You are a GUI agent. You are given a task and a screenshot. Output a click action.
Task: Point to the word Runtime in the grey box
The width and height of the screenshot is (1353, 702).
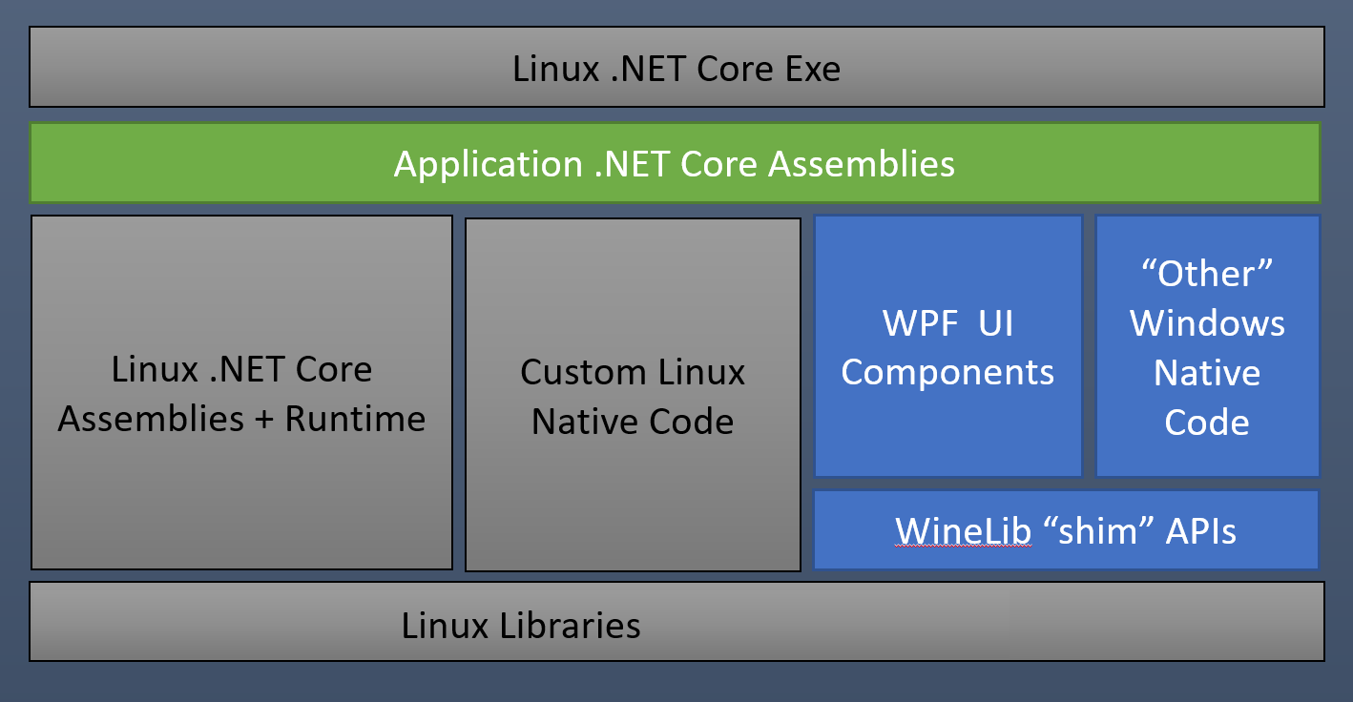[355, 419]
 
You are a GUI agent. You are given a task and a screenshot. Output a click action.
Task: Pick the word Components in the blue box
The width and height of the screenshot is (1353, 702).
[947, 372]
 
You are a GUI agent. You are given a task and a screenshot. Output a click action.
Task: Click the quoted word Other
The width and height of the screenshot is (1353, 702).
[1207, 275]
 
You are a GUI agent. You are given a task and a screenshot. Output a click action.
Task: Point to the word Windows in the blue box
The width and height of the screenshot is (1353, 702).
[1207, 323]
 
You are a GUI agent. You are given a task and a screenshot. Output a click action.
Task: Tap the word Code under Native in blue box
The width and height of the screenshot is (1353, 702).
[1207, 422]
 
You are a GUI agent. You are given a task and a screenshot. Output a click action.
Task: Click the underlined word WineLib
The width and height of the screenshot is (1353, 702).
[963, 531]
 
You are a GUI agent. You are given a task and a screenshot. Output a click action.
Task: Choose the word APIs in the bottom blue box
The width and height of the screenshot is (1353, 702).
[1200, 531]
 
